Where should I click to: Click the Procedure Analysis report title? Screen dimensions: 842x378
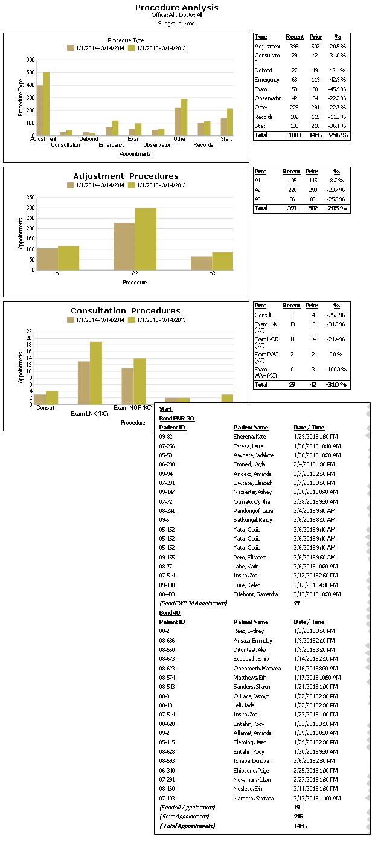pyautogui.click(x=176, y=8)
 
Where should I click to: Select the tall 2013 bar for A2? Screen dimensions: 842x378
pyautogui.click(x=146, y=239)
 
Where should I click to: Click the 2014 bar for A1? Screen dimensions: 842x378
pyautogui.click(x=47, y=259)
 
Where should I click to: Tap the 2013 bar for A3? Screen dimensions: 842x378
pyautogui.click(x=222, y=260)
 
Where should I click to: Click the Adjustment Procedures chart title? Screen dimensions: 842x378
pyautogui.click(x=126, y=176)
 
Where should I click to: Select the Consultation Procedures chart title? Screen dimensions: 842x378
pyautogui.click(x=126, y=311)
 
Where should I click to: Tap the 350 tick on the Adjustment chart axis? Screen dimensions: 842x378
pyautogui.click(x=30, y=197)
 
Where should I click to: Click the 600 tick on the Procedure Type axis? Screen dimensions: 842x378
pyautogui.click(x=30, y=60)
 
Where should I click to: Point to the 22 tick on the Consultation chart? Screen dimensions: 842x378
pyautogui.click(x=28, y=332)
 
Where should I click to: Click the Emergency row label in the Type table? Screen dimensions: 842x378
pyautogui.click(x=267, y=80)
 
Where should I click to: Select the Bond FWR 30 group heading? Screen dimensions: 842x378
pyautogui.click(x=176, y=418)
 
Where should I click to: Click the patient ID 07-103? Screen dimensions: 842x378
pyautogui.click(x=166, y=799)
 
